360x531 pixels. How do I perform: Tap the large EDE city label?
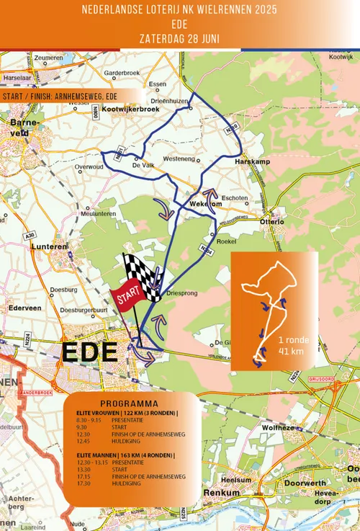tap(89, 353)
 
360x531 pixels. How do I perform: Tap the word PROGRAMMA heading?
tap(129, 402)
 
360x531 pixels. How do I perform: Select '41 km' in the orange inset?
tap(291, 352)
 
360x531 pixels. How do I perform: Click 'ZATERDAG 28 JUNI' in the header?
tap(180, 36)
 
